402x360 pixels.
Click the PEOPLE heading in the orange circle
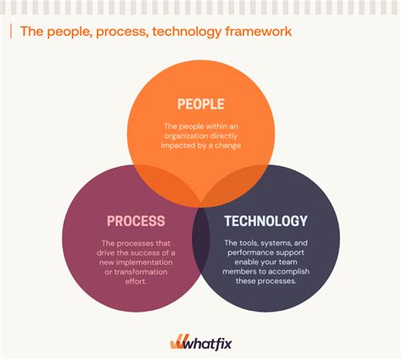pyautogui.click(x=201, y=104)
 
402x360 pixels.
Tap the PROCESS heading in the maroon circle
pyautogui.click(x=136, y=221)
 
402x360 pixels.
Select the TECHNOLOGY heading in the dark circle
pyautogui.click(x=265, y=221)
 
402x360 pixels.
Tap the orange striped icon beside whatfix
pyautogui.click(x=177, y=342)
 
